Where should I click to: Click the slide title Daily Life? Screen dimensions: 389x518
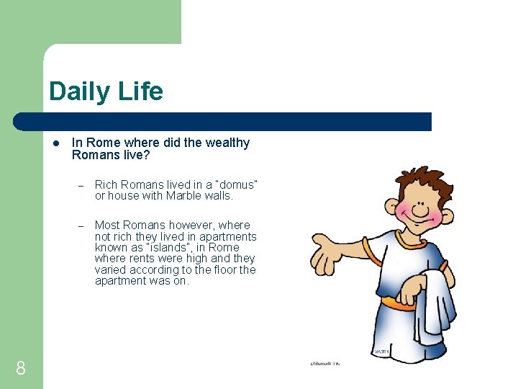click(x=106, y=91)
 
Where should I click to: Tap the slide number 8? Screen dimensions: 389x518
click(x=21, y=369)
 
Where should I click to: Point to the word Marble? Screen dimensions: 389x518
click(x=185, y=196)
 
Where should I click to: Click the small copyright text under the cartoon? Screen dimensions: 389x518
click(x=324, y=364)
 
